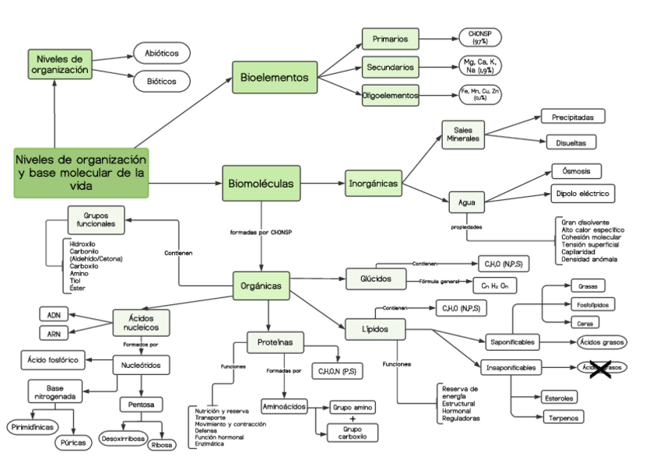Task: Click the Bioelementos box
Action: pyautogui.click(x=275, y=78)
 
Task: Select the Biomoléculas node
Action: pyautogui.click(x=261, y=184)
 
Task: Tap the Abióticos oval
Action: pyautogui.click(x=162, y=54)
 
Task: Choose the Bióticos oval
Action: pyautogui.click(x=162, y=81)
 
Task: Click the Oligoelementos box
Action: pyautogui.click(x=391, y=95)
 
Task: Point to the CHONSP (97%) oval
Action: pyautogui.click(x=480, y=37)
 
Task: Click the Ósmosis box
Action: pyautogui.click(x=576, y=171)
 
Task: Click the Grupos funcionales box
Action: pyautogui.click(x=97, y=219)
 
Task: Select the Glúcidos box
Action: pyautogui.click(x=376, y=279)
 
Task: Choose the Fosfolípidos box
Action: pyautogui.click(x=594, y=304)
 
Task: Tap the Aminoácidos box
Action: pyautogui.click(x=284, y=406)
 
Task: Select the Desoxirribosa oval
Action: pyautogui.click(x=123, y=439)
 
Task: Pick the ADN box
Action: pyautogui.click(x=54, y=314)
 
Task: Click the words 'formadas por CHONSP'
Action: pyautogui.click(x=262, y=232)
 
